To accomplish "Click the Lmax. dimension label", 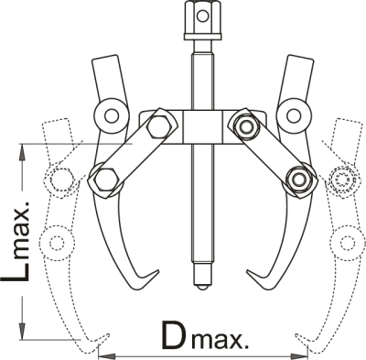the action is tap(16, 242).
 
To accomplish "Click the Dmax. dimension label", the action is tap(205, 335).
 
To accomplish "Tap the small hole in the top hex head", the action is tap(202, 16).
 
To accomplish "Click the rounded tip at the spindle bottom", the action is tap(202, 288).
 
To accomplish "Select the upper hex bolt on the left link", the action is tap(157, 126).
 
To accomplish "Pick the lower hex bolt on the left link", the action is tap(106, 180).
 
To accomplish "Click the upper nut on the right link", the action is tap(245, 127).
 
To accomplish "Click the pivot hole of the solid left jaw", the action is tap(111, 115).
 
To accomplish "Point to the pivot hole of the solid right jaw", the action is tap(293, 115).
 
